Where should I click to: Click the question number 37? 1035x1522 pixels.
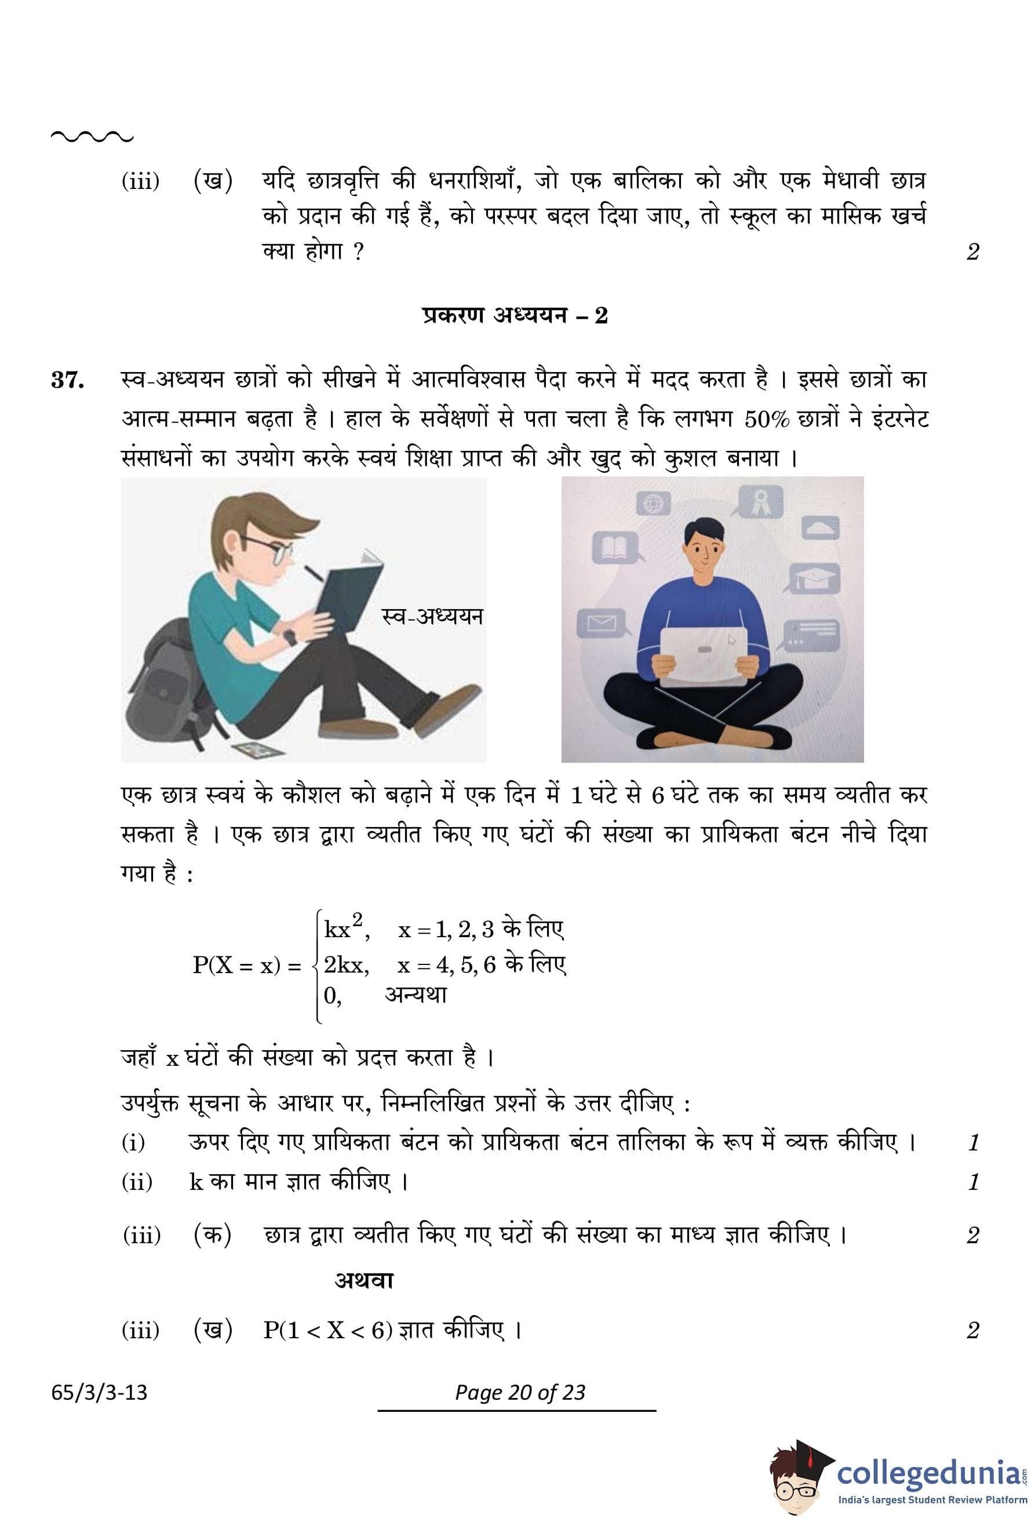[x=67, y=380]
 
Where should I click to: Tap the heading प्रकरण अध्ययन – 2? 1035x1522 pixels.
[x=515, y=316]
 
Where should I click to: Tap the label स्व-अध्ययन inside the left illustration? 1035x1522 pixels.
[x=432, y=616]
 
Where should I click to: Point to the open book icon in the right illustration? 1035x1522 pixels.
[x=614, y=548]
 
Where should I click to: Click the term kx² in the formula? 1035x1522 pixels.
[x=344, y=928]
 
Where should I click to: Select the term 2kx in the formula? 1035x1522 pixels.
[x=345, y=964]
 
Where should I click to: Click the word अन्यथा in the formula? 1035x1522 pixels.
[x=416, y=996]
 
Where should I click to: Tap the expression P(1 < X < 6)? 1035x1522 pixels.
[x=327, y=1330]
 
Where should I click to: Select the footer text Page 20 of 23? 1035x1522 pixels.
[x=520, y=1392]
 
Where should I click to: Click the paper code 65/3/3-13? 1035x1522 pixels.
[x=100, y=1392]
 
